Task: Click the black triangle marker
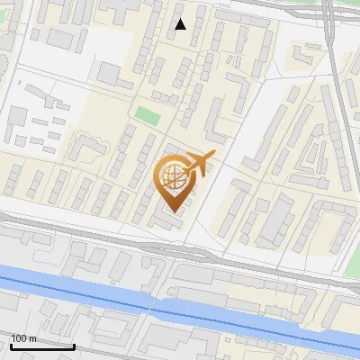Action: (180, 24)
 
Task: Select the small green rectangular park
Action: (146, 116)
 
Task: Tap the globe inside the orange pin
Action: (173, 175)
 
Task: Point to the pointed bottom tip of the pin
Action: (172, 211)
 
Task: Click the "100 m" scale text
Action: (24, 337)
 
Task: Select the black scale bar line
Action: (42, 346)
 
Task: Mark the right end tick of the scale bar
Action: (74, 344)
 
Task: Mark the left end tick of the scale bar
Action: (11, 344)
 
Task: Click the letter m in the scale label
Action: (33, 337)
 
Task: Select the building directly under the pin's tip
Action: (167, 220)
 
